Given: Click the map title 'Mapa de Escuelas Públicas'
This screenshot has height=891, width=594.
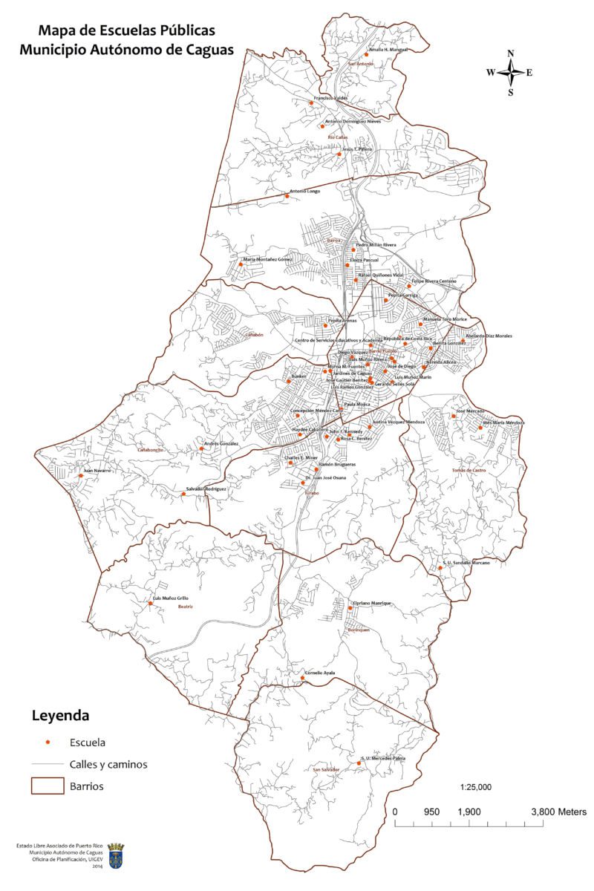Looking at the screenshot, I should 127,30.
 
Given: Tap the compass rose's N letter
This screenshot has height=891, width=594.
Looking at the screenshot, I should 511,53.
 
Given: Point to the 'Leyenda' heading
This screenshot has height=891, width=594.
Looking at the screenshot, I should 60,717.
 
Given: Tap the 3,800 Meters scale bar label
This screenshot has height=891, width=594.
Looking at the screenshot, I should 558,812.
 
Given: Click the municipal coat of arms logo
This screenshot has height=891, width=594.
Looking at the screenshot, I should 116,855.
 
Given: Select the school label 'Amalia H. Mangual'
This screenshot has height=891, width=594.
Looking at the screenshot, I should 388,50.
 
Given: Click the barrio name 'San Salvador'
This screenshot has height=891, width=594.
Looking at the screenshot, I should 326,770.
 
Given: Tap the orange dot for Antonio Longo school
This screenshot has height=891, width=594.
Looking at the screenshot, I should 287,196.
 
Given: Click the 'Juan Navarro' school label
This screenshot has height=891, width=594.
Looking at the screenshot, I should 97,471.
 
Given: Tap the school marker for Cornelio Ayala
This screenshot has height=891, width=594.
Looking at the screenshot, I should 301,677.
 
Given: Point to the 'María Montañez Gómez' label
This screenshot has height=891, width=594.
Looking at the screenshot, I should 268,259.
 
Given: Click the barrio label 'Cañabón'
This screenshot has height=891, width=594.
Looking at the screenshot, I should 255,335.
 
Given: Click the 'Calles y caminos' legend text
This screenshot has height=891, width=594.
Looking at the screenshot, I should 108,763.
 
